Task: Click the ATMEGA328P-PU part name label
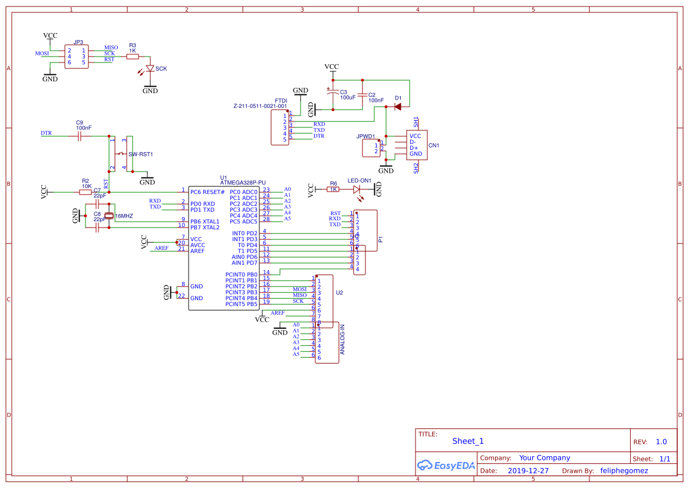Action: click(x=243, y=183)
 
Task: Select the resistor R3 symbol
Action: click(x=133, y=57)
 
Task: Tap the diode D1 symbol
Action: click(x=398, y=107)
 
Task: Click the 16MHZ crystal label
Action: click(x=124, y=216)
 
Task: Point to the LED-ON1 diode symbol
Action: click(x=357, y=190)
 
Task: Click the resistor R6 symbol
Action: click(x=334, y=190)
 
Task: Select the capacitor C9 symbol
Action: click(x=79, y=136)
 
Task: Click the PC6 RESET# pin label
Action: click(x=207, y=192)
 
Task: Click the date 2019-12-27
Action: click(x=528, y=471)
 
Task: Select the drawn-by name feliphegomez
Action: click(x=624, y=471)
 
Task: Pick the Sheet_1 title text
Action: click(x=468, y=441)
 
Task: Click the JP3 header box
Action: click(x=77, y=57)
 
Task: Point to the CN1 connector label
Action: click(x=434, y=145)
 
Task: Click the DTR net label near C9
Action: click(x=46, y=133)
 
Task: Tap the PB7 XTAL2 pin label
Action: click(x=205, y=227)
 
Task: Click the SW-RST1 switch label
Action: click(x=141, y=154)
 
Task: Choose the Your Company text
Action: click(x=545, y=458)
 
